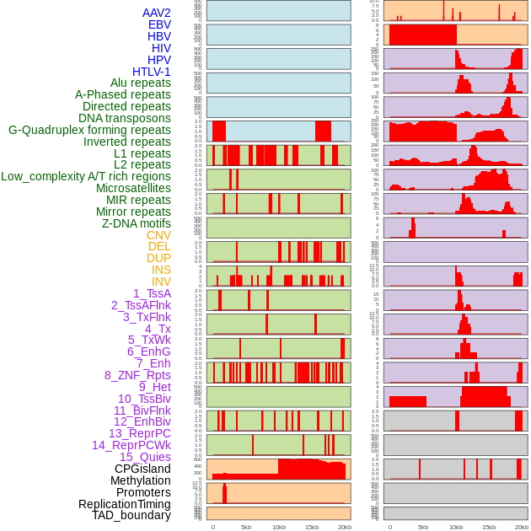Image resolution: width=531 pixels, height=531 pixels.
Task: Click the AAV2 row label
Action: pos(156,13)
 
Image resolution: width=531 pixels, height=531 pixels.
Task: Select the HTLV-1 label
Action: pos(151,72)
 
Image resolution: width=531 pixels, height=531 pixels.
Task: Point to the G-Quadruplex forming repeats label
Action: pos(89,130)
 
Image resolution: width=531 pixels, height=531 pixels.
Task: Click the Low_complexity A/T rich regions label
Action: pos(86,176)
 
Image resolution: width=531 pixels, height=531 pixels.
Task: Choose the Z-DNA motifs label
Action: pos(136,223)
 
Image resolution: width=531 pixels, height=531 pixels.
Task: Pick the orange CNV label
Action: pos(158,235)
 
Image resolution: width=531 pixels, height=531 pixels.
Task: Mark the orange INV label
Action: pos(161,282)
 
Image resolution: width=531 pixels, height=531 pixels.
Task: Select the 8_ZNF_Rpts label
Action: pos(137,375)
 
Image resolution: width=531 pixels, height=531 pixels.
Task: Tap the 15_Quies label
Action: pos(144,457)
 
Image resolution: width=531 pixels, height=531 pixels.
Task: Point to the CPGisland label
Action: pos(142,469)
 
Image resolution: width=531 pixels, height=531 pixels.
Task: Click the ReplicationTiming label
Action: pos(124,504)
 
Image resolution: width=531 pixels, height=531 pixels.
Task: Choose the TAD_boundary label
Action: pos(131,515)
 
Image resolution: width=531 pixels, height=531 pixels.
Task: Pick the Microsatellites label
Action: pos(133,188)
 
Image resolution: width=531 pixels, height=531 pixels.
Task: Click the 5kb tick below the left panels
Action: pos(246,527)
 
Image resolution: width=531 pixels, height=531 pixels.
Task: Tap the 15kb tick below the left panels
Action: pos(312,527)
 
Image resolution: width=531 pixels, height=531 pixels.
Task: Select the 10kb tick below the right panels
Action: pos(456,527)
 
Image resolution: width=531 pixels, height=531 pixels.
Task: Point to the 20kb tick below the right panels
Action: pos(522,527)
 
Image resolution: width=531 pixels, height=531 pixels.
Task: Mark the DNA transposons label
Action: pos(125,118)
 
